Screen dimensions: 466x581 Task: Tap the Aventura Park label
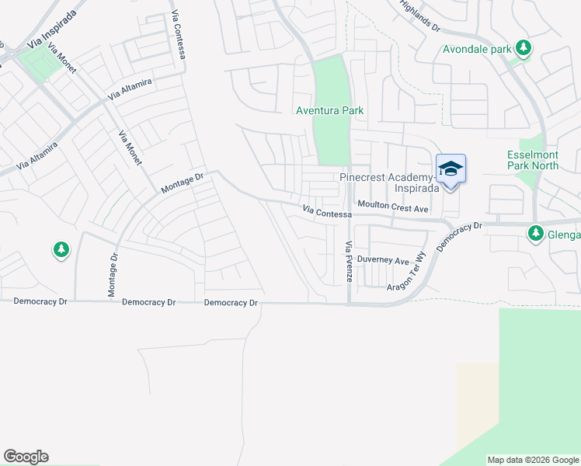330,111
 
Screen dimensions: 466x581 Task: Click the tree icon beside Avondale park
524,49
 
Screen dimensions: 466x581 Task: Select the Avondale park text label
477,50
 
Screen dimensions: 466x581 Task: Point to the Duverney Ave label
382,262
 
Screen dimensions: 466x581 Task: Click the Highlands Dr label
420,16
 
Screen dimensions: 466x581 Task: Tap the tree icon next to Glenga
536,232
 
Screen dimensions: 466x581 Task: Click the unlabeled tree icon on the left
61,250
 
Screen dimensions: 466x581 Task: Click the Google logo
26,457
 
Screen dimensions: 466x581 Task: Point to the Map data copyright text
534,460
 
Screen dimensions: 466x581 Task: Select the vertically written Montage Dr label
113,275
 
